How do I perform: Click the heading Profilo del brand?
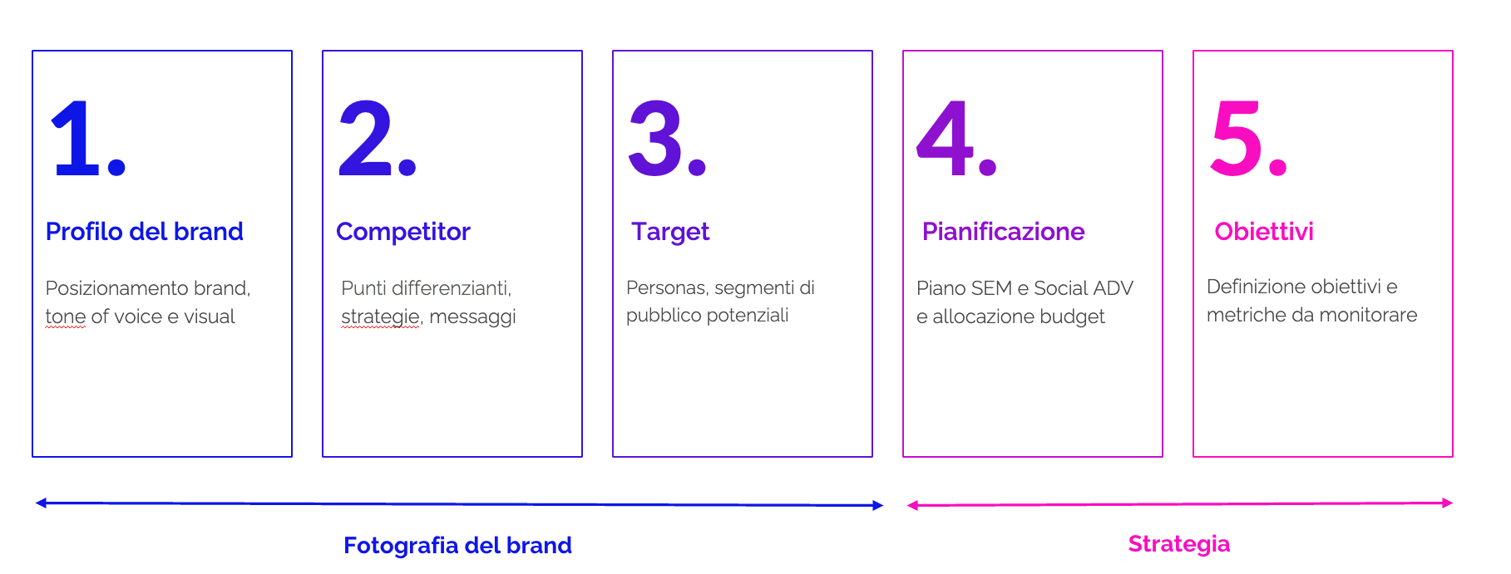click(145, 231)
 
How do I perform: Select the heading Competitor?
click(403, 232)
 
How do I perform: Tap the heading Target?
click(670, 233)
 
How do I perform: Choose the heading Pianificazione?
click(1004, 231)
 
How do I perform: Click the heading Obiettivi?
click(1264, 231)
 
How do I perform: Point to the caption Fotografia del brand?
click(457, 545)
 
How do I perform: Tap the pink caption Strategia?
click(1179, 544)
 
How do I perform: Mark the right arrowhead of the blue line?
click(878, 505)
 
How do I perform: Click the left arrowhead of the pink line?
click(912, 505)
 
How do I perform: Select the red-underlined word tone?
click(66, 316)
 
